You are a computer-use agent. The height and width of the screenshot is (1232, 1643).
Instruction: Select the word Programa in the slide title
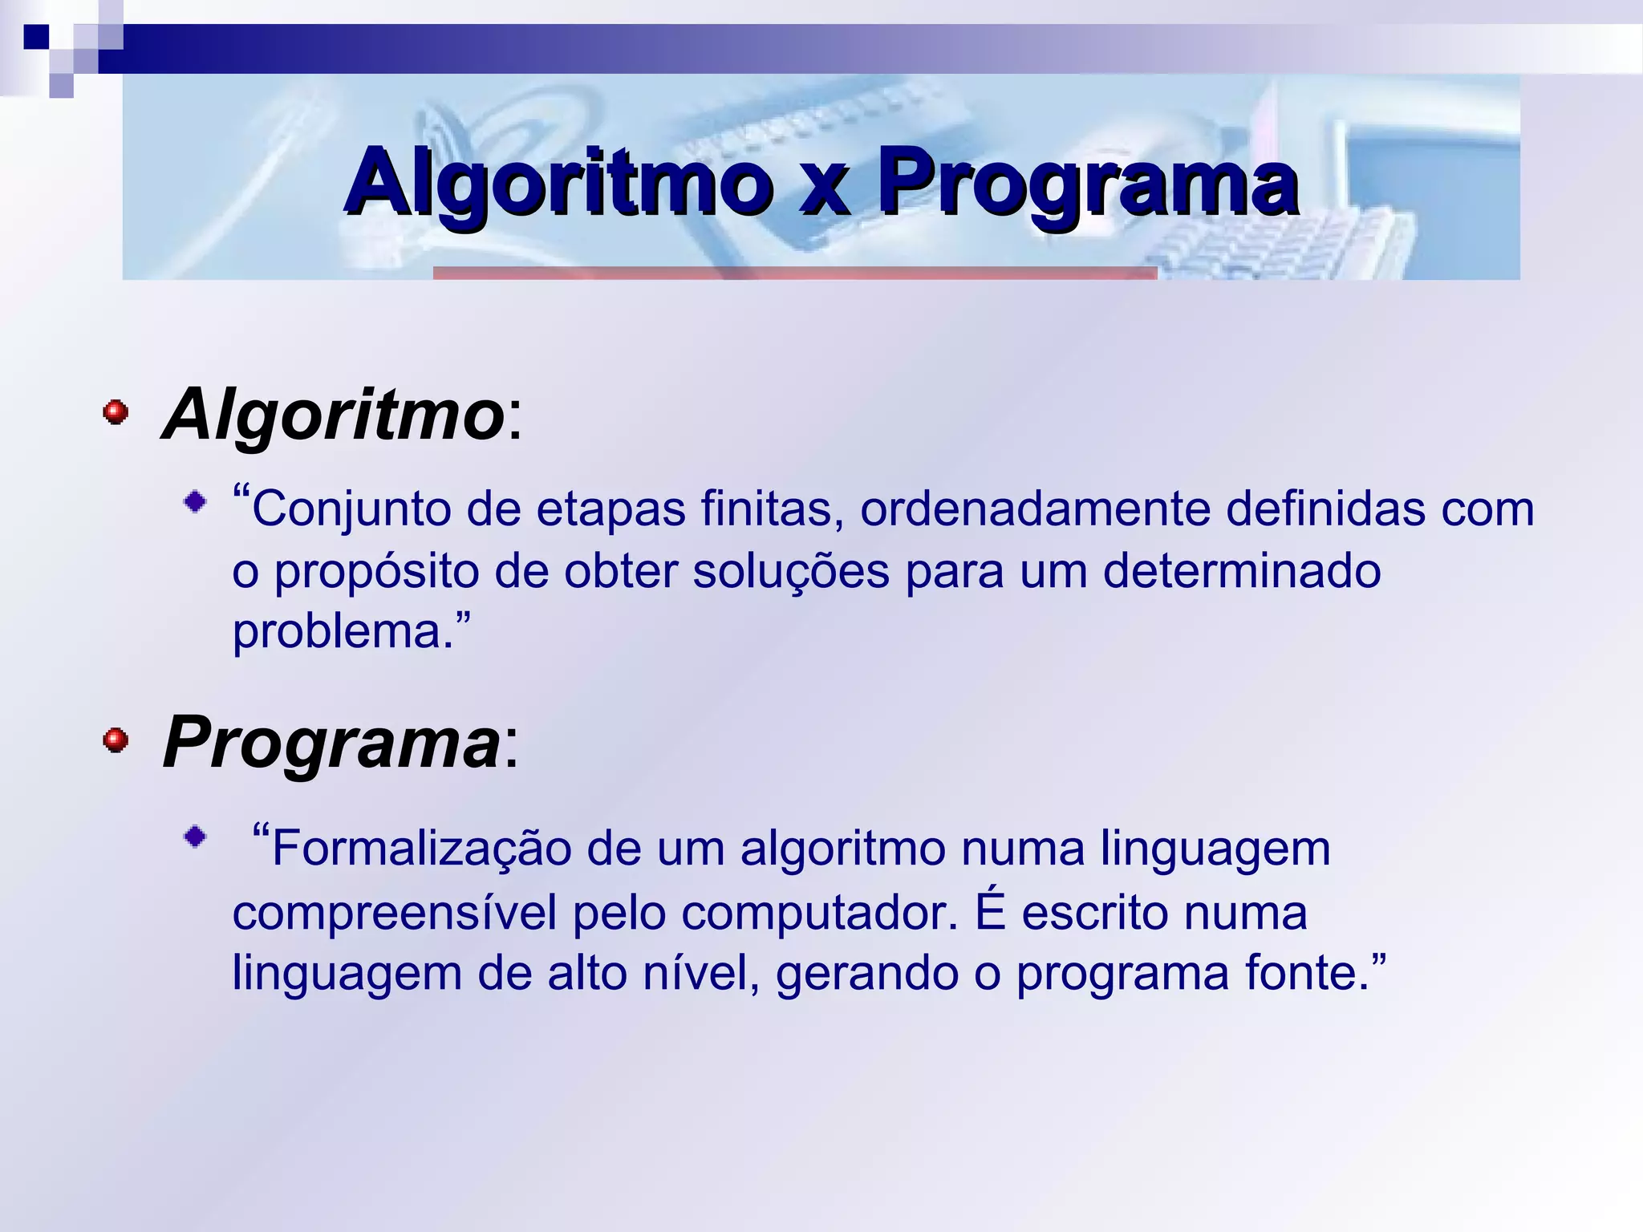[x=1088, y=184]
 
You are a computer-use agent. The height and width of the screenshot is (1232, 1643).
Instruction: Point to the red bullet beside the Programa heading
[x=116, y=740]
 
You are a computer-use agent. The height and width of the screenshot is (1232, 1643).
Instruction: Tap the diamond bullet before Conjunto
[x=194, y=503]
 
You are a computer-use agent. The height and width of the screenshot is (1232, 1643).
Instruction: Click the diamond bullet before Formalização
[x=194, y=837]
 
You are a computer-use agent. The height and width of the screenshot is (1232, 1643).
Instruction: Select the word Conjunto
[x=351, y=509]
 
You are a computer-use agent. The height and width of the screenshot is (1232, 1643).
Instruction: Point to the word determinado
[x=1242, y=571]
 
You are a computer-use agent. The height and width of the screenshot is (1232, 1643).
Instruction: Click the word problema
[x=337, y=632]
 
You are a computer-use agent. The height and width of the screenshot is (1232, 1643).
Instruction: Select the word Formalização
[x=421, y=849]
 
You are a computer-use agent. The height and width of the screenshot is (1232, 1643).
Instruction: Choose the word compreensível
[x=394, y=913]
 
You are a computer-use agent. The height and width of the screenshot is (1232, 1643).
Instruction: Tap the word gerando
[x=866, y=974]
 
